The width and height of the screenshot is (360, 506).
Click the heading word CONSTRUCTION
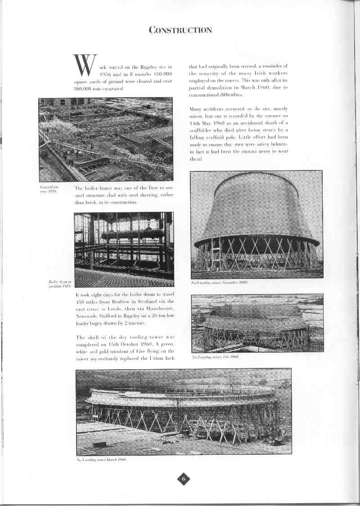pyautogui.click(x=180, y=30)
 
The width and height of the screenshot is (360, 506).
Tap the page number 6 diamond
pyautogui.click(x=184, y=479)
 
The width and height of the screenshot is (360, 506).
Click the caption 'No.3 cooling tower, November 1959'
pyautogui.click(x=219, y=282)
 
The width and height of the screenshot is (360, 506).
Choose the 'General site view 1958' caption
pyautogui.click(x=49, y=189)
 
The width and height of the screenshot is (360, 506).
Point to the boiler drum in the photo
pyautogui.click(x=132, y=234)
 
